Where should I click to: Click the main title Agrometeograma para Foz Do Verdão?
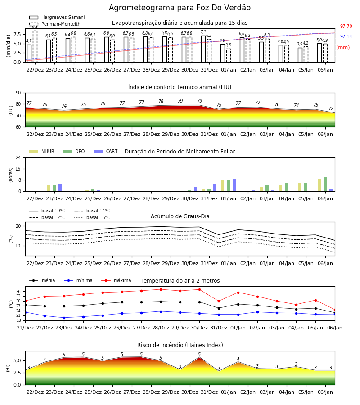point(180,8)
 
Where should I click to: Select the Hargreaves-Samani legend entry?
point(57,17)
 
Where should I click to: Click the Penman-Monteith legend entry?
point(55,24)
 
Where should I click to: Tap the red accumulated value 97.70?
point(346,27)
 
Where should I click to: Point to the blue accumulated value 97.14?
point(346,37)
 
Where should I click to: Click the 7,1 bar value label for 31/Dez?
point(203,32)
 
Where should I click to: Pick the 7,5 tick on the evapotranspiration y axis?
point(17,34)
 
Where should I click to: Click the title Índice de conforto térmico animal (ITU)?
point(180,87)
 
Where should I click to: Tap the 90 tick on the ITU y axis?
point(18,93)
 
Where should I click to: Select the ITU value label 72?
point(331,109)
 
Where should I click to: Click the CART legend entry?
point(106,151)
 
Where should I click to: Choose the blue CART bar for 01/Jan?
point(234,185)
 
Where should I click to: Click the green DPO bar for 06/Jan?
point(325,184)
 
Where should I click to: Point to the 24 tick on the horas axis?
point(18,157)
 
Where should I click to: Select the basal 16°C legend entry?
point(92,217)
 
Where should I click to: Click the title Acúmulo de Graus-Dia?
point(180,216)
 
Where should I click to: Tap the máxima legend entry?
point(116,280)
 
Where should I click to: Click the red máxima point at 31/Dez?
point(219,301)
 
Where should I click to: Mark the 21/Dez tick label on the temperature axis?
point(25,328)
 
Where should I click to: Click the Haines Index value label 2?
point(219,369)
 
